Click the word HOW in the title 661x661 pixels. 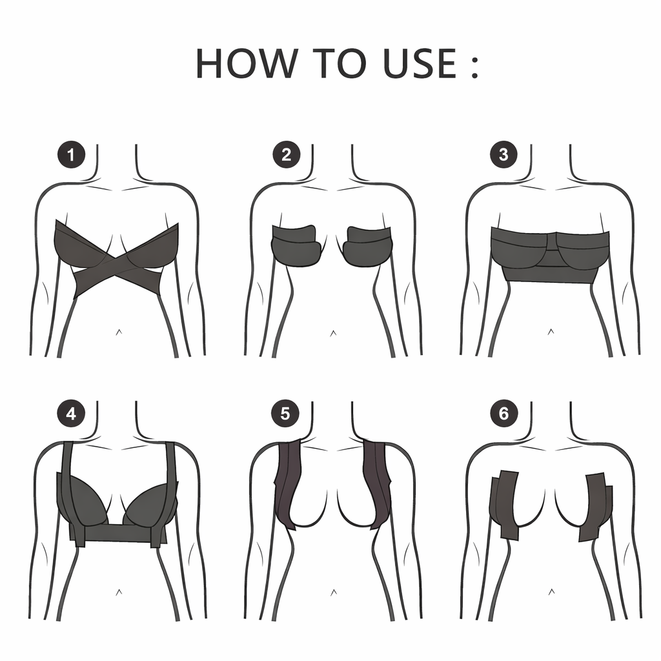(x=247, y=63)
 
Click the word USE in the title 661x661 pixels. (x=420, y=63)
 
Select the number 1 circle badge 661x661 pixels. (x=71, y=155)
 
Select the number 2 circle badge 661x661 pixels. (x=287, y=155)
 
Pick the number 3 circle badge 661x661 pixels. (x=503, y=155)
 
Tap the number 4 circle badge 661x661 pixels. (x=71, y=414)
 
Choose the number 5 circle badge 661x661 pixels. (x=285, y=414)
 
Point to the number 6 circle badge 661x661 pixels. (x=503, y=414)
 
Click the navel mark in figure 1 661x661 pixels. (x=119, y=332)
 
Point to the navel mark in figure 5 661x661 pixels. (x=334, y=593)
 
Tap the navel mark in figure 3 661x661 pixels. (x=551, y=332)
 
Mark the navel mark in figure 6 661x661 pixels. (x=551, y=592)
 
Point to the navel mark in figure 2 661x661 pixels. (x=333, y=333)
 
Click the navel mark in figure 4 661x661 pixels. (x=119, y=593)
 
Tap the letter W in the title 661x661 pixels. (x=276, y=63)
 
